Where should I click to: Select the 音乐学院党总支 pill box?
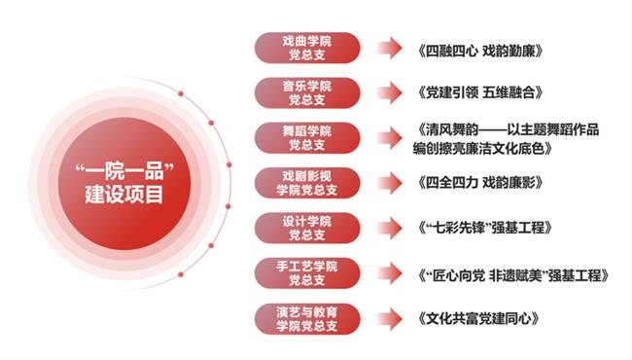click(x=306, y=92)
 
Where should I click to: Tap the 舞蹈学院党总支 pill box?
click(x=306, y=137)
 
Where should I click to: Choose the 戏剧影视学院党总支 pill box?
click(x=306, y=182)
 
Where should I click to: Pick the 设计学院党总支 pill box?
click(x=306, y=228)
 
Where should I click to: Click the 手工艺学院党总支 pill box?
click(x=306, y=272)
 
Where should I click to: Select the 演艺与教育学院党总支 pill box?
click(x=306, y=318)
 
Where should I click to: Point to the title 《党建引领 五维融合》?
click(x=476, y=92)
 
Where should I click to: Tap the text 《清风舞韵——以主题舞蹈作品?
click(x=507, y=129)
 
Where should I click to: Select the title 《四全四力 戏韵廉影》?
click(x=476, y=182)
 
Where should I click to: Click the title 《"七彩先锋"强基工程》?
click(x=482, y=228)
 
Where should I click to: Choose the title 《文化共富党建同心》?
click(x=475, y=318)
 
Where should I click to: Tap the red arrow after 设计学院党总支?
click(x=388, y=228)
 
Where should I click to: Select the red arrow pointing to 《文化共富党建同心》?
click(x=388, y=318)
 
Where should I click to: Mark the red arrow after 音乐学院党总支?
click(x=388, y=92)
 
